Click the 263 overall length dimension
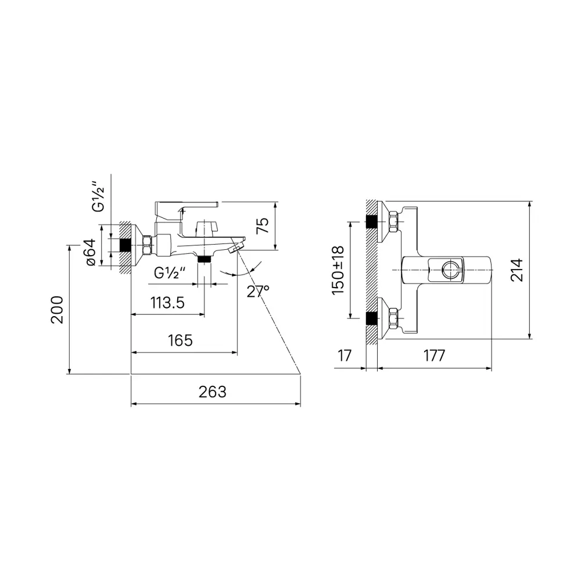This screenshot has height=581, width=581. pos(213,392)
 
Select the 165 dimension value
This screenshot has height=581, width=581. pos(180,340)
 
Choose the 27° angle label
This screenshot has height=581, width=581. pos(258,291)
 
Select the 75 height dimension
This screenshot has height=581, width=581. pos(263,225)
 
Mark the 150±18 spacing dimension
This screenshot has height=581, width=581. pos(338,270)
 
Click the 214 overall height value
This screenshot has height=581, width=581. pos(517,270)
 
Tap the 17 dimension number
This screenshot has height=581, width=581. pos(345,356)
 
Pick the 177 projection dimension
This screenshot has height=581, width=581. pos(434,356)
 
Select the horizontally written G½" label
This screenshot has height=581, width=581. pos(170,272)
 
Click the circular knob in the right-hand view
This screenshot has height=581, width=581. pos(451,271)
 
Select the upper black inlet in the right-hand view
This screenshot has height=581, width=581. pos(371,221)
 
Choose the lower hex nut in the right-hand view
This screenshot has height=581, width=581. pos(393,318)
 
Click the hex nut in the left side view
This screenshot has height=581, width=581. pos(148,245)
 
